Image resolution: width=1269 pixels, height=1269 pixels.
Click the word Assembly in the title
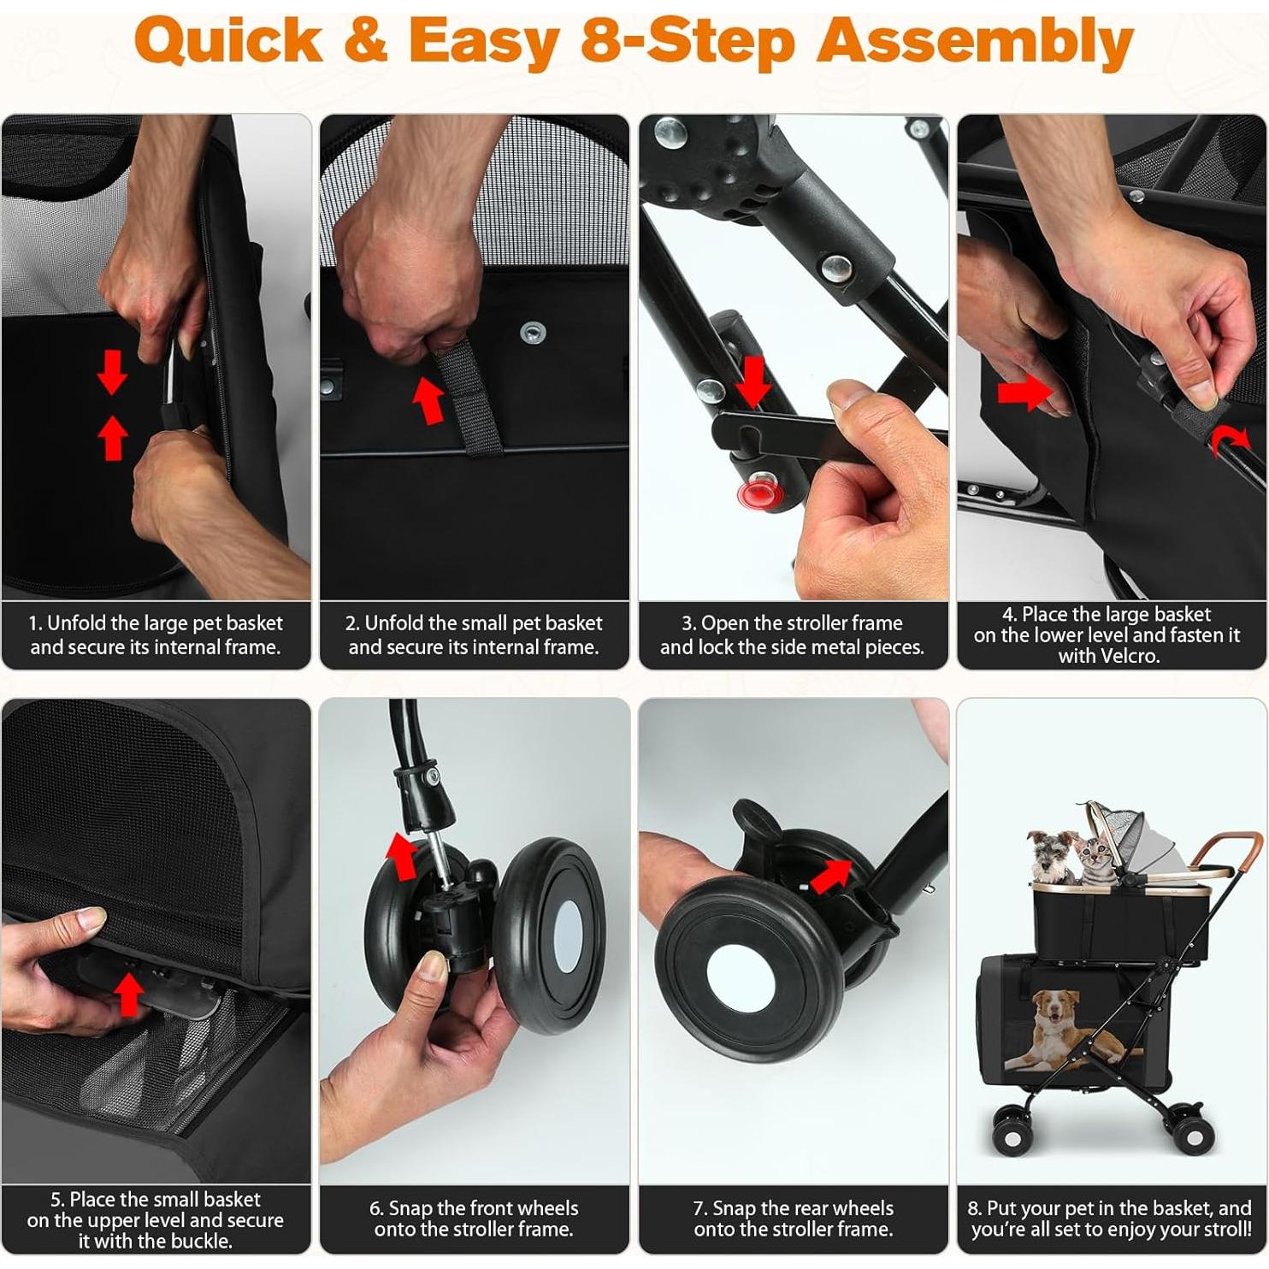[975, 43]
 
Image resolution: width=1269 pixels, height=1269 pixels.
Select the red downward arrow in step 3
[753, 381]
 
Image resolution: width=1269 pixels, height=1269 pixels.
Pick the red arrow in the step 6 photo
[402, 856]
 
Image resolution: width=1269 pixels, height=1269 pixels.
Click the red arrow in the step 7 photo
[830, 876]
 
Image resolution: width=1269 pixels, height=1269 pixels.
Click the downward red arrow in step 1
[112, 374]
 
